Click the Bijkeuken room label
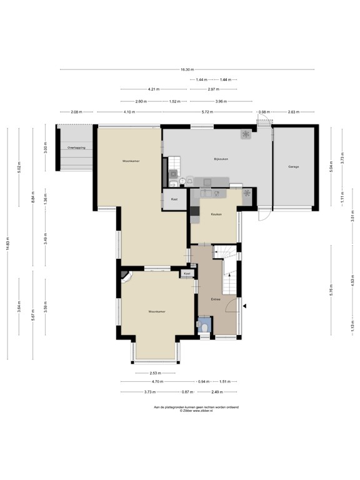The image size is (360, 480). point(219,159)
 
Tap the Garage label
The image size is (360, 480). point(294,167)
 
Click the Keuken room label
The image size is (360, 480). point(217,214)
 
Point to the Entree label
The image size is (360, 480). point(216,300)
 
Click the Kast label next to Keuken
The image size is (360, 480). point(174,199)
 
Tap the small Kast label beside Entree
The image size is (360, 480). point(187,274)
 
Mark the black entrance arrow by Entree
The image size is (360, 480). point(246,306)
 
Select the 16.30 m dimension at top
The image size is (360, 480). point(187,69)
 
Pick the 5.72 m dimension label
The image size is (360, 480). point(205,112)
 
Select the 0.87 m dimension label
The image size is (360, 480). point(187,391)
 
